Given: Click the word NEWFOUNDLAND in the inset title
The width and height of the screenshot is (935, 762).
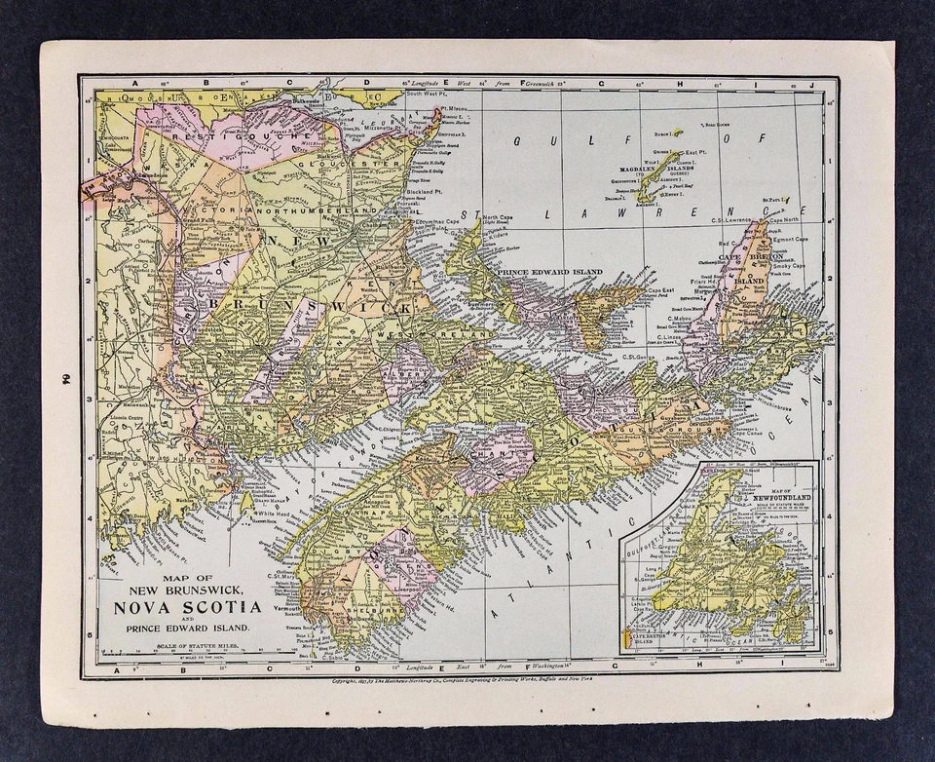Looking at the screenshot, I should (x=767, y=497).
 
